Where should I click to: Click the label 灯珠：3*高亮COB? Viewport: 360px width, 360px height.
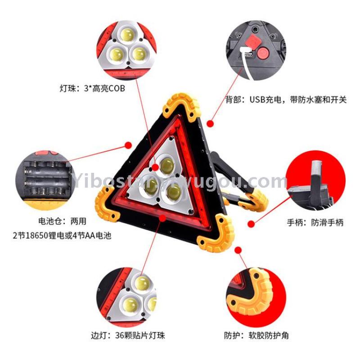[93, 88]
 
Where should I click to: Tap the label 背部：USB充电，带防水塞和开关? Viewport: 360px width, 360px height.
[286, 99]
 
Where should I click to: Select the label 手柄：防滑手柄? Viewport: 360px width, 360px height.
[315, 222]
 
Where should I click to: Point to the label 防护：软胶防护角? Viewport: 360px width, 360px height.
[256, 335]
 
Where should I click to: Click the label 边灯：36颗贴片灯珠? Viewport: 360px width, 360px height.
[128, 335]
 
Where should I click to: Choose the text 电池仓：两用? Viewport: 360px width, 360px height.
[62, 221]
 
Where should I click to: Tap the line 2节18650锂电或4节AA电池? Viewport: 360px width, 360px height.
[62, 235]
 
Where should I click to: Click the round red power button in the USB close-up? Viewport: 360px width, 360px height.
[263, 53]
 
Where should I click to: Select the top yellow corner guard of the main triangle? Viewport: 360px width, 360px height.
[181, 107]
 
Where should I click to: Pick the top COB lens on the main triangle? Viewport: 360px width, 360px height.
[166, 166]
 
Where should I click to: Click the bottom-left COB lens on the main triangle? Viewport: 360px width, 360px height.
[150, 186]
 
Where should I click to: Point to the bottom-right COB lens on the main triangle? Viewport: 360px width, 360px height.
[173, 192]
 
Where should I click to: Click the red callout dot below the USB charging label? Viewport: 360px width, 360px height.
[210, 124]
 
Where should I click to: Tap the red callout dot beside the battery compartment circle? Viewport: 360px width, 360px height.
[128, 145]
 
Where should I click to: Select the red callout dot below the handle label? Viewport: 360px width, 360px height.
[251, 224]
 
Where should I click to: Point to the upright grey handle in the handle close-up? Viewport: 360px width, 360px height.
[317, 181]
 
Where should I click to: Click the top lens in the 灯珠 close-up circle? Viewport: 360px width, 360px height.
[127, 35]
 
